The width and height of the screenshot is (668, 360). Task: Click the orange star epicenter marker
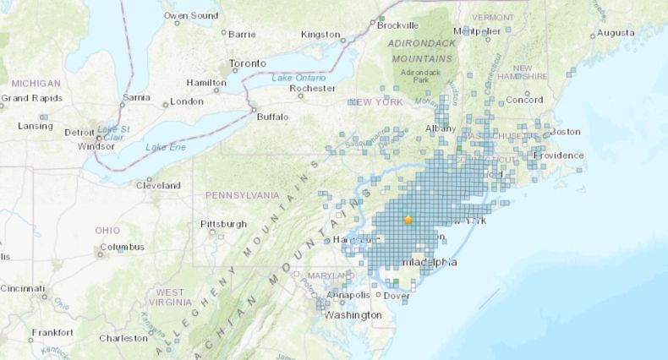click(408, 220)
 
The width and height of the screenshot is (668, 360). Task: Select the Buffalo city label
click(272, 117)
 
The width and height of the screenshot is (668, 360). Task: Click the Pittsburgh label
click(223, 224)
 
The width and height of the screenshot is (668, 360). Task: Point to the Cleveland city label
click(159, 185)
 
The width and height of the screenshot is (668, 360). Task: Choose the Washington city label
click(353, 315)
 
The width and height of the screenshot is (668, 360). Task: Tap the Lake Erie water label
click(165, 148)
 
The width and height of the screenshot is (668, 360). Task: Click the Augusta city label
click(616, 33)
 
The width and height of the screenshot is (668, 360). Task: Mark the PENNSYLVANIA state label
click(242, 195)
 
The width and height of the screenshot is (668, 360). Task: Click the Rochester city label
click(313, 88)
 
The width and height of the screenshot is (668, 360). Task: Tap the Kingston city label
click(320, 35)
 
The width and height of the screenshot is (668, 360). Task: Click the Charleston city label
click(123, 338)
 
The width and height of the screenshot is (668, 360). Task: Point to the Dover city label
click(396, 296)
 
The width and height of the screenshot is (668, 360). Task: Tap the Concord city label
click(523, 100)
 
